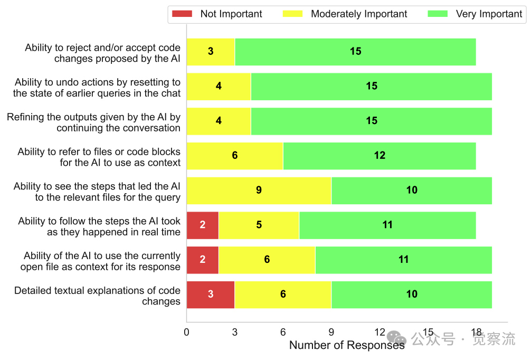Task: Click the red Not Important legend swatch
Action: coord(182,14)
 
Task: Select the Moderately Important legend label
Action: coord(359,14)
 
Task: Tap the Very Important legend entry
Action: coord(489,14)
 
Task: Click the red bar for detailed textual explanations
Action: coord(211,295)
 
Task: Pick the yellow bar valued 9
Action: coord(259,191)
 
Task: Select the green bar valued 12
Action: coord(379,156)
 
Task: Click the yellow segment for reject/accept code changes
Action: coord(211,52)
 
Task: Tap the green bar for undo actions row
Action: coord(372,87)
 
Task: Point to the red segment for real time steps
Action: coord(203,225)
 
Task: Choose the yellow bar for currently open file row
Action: coord(267,260)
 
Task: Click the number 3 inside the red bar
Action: coord(211,295)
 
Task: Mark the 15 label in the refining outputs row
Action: coord(372,121)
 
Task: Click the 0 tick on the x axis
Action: coord(186,333)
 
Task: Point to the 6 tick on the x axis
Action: coord(283,333)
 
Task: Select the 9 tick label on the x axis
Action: coord(331,333)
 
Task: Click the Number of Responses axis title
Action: coord(347,346)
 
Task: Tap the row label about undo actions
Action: coord(97,88)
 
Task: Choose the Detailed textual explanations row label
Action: coord(97,296)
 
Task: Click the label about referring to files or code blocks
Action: coord(99,157)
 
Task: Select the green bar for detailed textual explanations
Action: coord(412,295)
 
